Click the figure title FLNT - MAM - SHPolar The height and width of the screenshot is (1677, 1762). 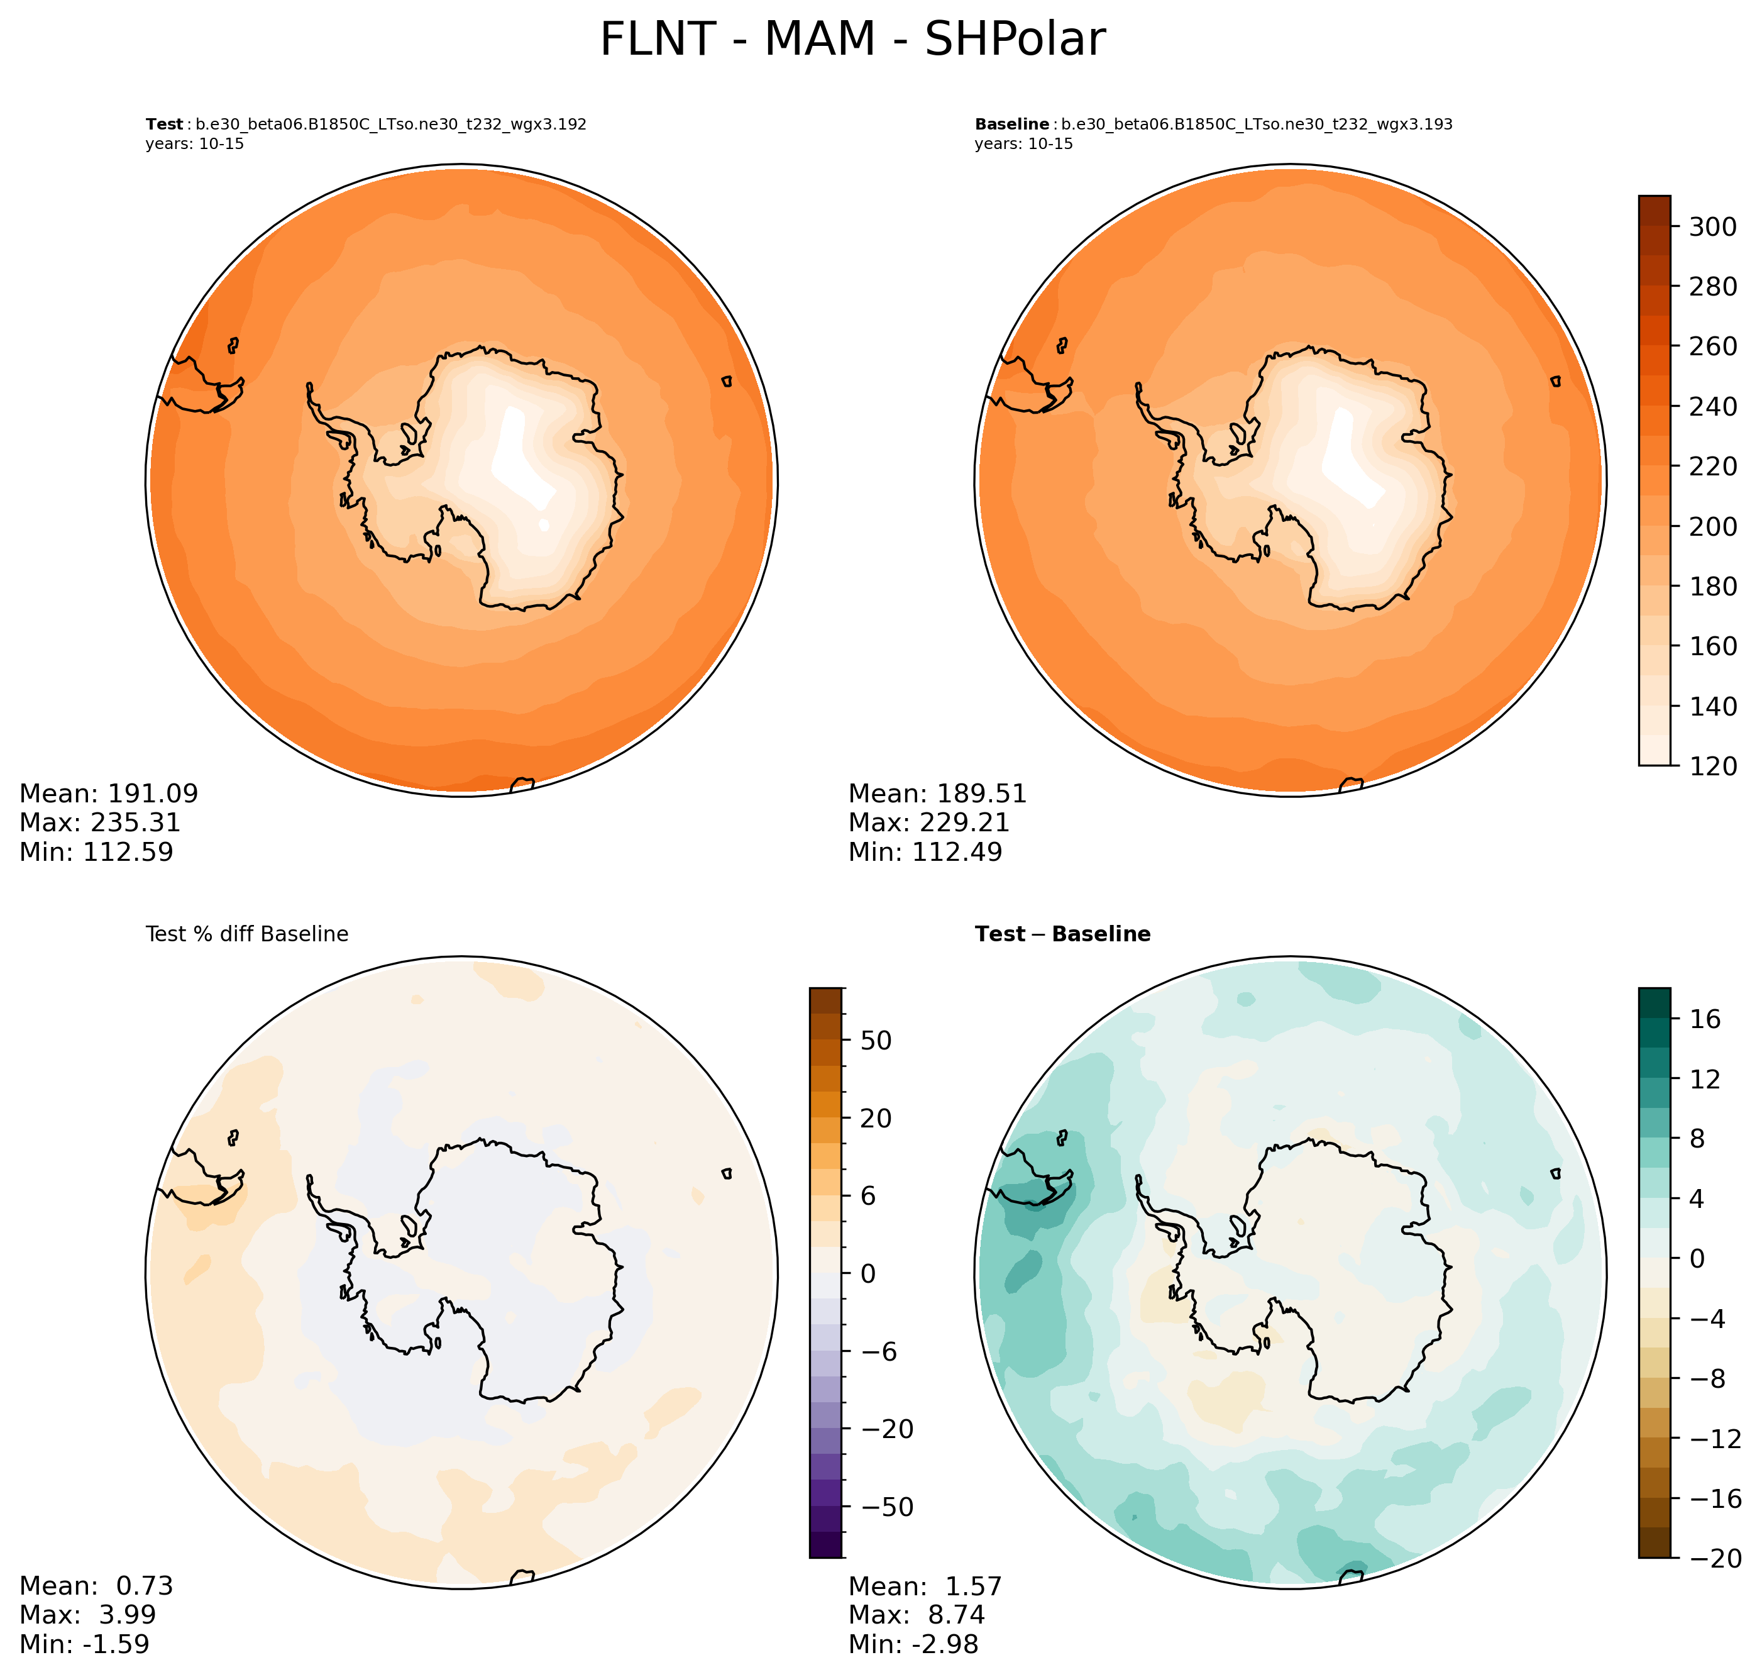852,40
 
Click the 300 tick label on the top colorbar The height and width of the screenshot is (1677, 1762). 1712,227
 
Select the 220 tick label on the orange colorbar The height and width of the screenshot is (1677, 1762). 1712,467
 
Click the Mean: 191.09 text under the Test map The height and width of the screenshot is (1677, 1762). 109,794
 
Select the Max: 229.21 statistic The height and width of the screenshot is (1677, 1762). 928,822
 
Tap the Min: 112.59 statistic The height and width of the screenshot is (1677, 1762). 97,852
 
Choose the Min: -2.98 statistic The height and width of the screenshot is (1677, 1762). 913,1644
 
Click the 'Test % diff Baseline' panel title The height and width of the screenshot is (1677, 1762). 246,934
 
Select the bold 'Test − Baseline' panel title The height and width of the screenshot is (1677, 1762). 1062,934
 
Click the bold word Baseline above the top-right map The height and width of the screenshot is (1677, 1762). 1011,125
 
